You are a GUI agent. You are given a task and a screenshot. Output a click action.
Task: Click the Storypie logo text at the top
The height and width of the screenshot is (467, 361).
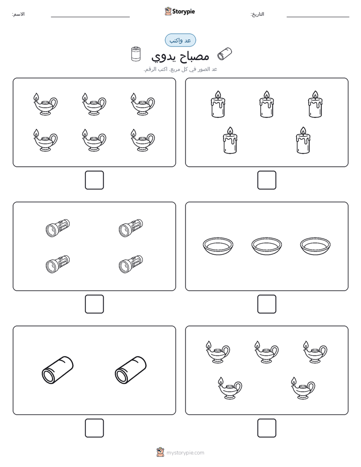[184, 12]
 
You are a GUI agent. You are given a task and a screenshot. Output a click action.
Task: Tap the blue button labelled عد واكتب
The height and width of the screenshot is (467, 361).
[180, 40]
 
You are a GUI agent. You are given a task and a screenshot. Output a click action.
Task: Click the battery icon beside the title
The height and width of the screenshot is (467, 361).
[136, 54]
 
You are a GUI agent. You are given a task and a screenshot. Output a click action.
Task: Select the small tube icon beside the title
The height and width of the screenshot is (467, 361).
[224, 54]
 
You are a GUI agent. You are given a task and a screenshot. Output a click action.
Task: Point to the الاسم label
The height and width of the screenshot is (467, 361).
[18, 14]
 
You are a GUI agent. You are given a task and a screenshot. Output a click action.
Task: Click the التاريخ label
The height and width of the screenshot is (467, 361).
[257, 14]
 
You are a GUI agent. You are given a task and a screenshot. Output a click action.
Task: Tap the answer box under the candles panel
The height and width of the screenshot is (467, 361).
[266, 180]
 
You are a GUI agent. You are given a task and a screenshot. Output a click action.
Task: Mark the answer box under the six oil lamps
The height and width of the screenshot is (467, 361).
[94, 180]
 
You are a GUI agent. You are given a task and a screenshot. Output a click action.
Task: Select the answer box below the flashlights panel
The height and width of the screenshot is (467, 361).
[94, 304]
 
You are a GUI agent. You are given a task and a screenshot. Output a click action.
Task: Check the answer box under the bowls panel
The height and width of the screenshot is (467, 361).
[266, 304]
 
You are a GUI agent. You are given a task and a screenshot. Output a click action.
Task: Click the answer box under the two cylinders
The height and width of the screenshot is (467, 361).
[94, 428]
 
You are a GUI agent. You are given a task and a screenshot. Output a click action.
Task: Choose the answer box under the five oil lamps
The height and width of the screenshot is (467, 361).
[266, 428]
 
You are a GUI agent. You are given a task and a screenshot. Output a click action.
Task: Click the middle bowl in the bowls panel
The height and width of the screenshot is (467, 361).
[266, 246]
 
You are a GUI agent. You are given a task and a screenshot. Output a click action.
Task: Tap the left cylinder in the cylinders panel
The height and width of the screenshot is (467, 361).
[58, 370]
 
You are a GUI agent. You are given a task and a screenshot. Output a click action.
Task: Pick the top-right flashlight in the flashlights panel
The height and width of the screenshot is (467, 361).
[131, 228]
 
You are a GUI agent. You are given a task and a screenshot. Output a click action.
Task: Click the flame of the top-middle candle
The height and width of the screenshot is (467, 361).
[266, 95]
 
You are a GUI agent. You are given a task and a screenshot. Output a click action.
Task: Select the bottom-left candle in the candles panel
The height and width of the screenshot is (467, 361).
[230, 141]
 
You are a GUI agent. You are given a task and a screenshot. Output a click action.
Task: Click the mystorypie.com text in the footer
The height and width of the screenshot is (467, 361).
[185, 453]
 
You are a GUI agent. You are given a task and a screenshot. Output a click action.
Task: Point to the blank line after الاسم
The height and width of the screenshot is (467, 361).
[90, 17]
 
